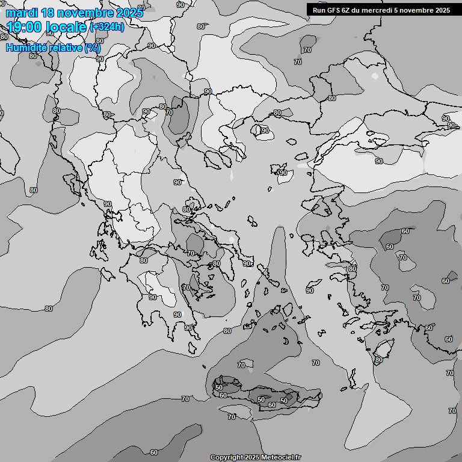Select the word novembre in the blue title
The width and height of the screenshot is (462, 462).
coord(86,13)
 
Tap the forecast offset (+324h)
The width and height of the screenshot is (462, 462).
coord(106,27)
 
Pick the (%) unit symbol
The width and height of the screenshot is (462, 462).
coord(93,48)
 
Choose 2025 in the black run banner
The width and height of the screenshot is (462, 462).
coord(442,10)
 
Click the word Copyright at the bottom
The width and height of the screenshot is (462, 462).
coord(226,457)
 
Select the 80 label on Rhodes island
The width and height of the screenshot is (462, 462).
coord(378,360)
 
